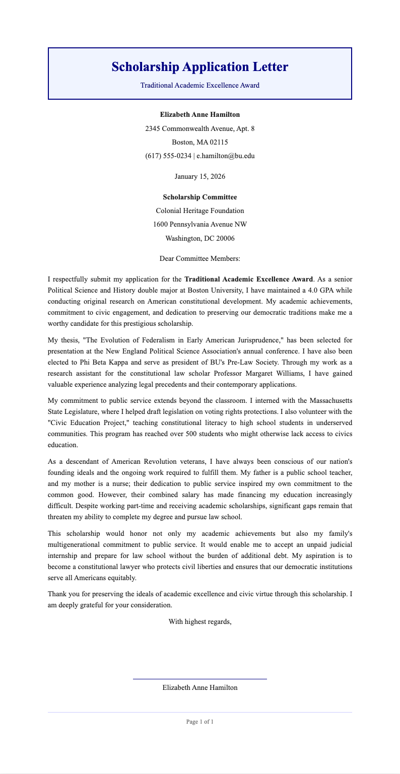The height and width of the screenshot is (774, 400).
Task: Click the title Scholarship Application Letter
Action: click(199, 67)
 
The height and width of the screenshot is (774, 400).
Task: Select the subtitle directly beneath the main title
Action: click(199, 86)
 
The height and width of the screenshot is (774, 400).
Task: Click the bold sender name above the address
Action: click(199, 115)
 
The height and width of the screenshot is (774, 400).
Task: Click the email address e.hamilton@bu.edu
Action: click(225, 156)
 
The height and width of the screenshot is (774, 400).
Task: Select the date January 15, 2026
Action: click(199, 177)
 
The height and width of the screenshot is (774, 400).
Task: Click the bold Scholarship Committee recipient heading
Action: click(199, 197)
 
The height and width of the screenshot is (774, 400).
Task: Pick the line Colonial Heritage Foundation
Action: click(199, 211)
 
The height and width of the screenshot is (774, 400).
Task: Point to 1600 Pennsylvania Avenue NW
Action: click(199, 225)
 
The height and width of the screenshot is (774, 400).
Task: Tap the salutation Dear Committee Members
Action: click(199, 259)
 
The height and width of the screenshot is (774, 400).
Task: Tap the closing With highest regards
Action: click(199, 622)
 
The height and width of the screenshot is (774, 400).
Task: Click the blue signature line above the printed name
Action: click(199, 679)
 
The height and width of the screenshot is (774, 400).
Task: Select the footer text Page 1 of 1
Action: click(199, 722)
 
